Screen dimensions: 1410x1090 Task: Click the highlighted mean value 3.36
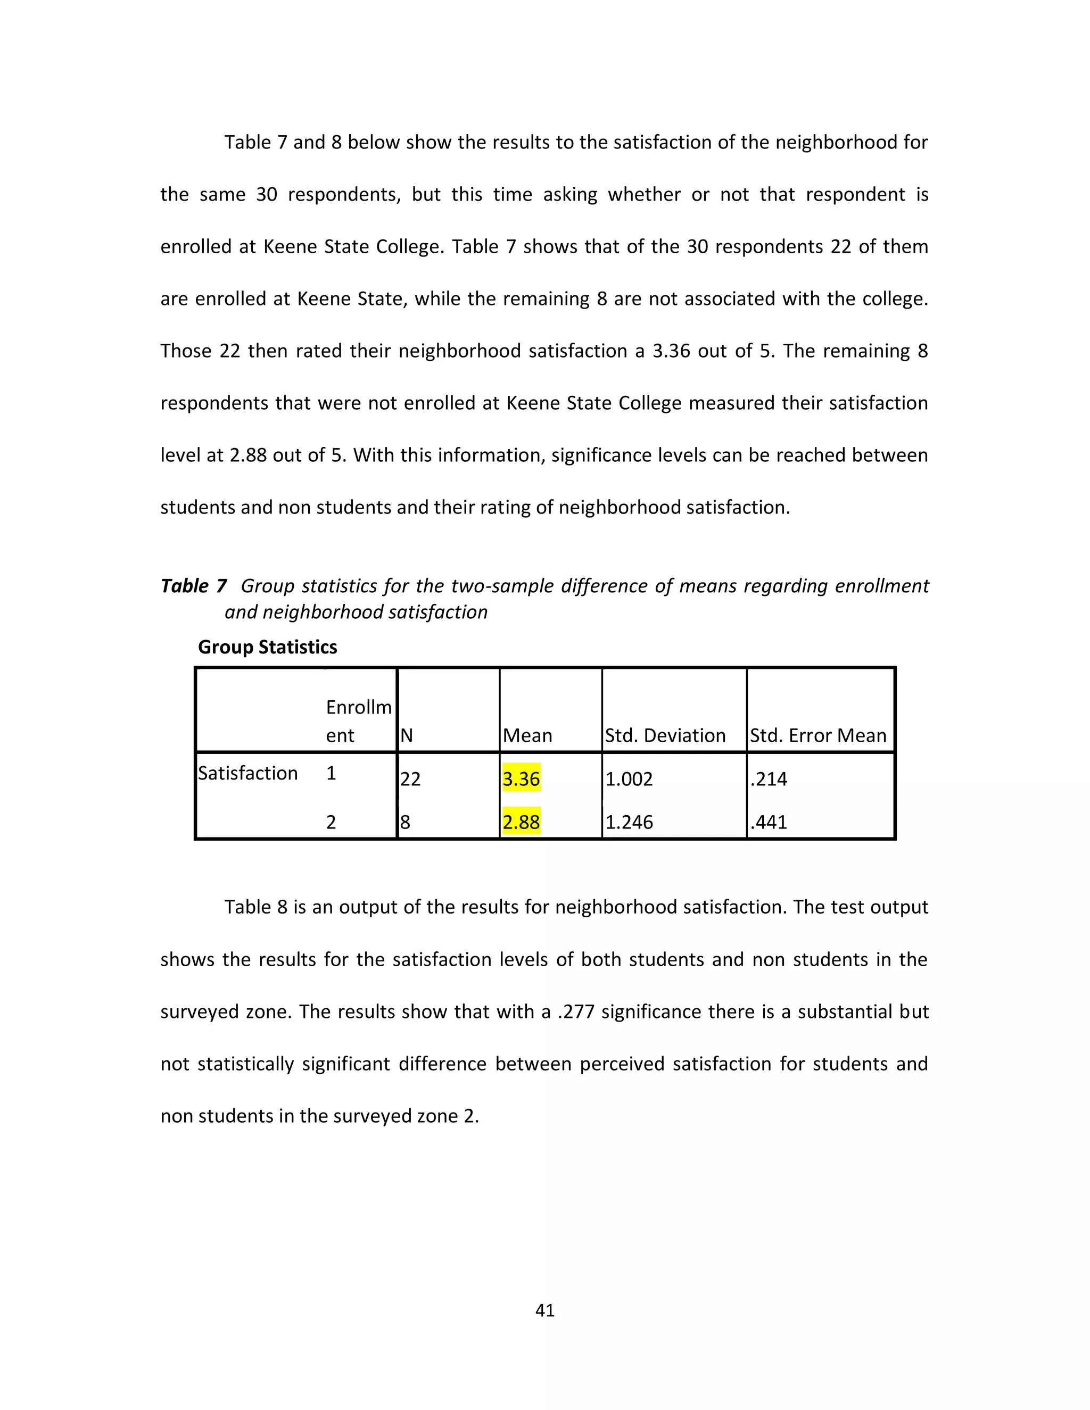(x=521, y=778)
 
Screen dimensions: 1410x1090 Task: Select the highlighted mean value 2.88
(x=521, y=822)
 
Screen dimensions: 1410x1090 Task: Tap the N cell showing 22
(x=410, y=778)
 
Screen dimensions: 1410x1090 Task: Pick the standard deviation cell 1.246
(x=629, y=822)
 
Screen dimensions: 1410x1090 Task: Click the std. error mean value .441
(x=769, y=822)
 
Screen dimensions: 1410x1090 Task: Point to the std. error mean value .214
(x=769, y=778)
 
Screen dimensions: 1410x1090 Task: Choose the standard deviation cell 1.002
(x=629, y=778)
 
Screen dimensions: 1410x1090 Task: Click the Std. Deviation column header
(x=665, y=735)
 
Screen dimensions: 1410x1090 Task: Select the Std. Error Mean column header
(x=817, y=735)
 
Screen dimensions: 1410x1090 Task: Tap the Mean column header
(x=527, y=735)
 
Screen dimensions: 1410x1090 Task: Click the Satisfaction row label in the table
(x=247, y=773)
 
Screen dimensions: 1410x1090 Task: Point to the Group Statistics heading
(x=267, y=647)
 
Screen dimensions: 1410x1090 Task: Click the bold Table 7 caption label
(x=194, y=586)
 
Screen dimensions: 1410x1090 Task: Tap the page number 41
(x=545, y=1310)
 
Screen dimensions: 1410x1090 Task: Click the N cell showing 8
(x=405, y=822)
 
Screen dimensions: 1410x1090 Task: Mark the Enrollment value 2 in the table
(x=331, y=822)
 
